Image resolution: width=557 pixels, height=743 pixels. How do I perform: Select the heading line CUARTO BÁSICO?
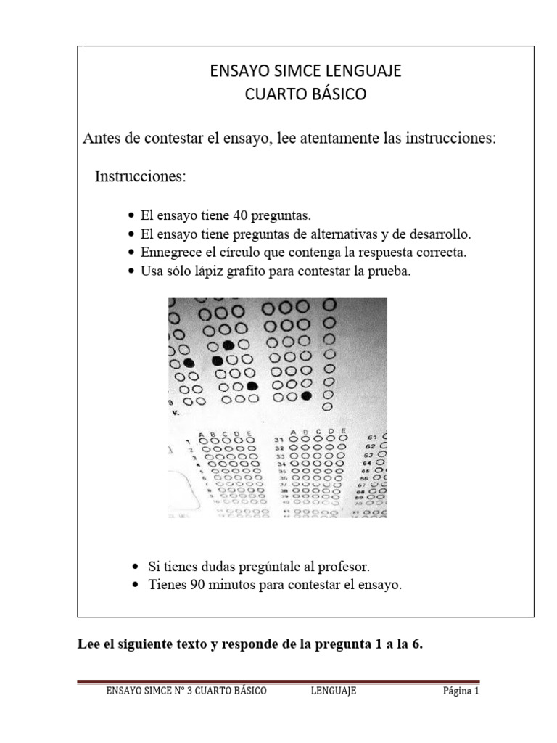pos(305,94)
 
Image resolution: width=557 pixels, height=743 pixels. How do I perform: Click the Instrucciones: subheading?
pos(140,176)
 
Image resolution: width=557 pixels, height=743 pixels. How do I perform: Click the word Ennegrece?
pos(168,253)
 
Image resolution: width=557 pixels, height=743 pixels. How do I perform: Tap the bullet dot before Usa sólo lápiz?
pos(131,272)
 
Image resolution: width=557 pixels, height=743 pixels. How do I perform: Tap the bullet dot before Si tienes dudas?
pos(138,567)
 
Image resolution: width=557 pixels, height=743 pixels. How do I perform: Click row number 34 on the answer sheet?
pos(279,463)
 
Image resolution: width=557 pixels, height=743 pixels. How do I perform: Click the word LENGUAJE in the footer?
pos(333,691)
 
